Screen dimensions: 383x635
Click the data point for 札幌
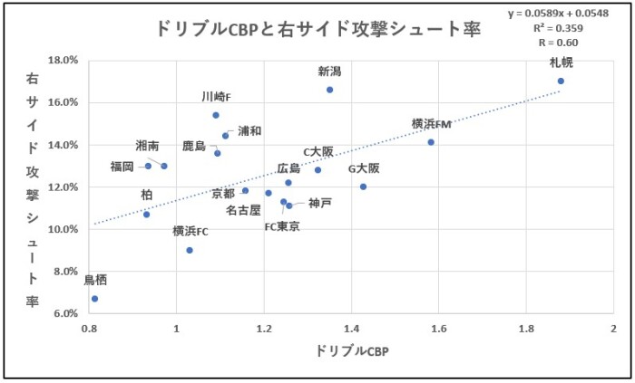(561, 81)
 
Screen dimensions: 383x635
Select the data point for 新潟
(329, 90)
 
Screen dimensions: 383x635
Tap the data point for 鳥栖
(94, 299)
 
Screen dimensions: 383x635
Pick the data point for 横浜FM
(431, 142)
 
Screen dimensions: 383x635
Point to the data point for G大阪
(363, 187)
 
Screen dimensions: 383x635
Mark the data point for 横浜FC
(190, 250)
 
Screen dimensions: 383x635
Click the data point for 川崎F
(216, 115)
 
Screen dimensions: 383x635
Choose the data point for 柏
(146, 214)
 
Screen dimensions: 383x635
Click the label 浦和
(249, 131)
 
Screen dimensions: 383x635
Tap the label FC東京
(282, 226)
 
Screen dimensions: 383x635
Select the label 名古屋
(243, 209)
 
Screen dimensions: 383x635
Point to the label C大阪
(317, 151)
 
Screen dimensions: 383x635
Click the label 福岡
(122, 166)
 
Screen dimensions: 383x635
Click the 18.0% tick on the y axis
(63, 61)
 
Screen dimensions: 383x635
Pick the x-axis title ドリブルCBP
(351, 350)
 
